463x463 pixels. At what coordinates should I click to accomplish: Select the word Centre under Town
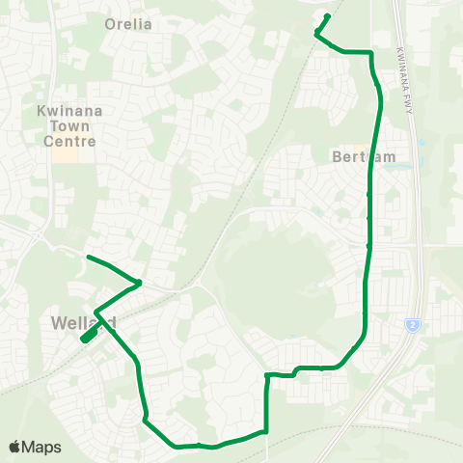(74, 141)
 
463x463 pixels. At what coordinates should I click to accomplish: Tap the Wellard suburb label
(85, 321)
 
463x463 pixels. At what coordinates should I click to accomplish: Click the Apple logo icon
(15, 447)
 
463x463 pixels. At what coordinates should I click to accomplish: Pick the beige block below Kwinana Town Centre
(65, 154)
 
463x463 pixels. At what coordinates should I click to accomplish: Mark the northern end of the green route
(329, 15)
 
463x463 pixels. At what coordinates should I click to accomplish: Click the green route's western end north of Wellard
(88, 257)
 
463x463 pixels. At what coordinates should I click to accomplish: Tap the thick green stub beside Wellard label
(88, 334)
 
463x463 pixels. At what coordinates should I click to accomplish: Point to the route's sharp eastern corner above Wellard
(141, 283)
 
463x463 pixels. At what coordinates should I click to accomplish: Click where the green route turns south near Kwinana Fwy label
(370, 54)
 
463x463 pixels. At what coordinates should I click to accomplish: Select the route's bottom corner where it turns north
(265, 432)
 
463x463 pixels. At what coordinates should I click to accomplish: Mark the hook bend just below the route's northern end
(316, 35)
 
